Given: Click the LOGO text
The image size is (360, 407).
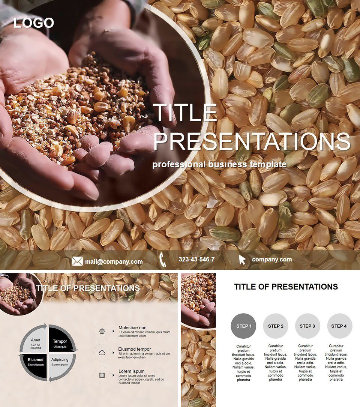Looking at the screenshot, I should pos(34,23).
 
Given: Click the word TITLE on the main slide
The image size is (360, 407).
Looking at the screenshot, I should pos(185,113).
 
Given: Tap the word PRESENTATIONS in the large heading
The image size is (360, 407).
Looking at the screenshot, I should pos(252,141).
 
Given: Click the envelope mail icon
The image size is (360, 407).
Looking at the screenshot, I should pos(77,261).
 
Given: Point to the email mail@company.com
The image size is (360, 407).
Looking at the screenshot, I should pos(114,261).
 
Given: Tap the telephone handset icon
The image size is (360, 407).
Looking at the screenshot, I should pos(163,259).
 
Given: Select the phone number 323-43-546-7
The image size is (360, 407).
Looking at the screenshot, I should pos(196,259).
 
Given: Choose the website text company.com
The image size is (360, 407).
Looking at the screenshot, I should pos(272,259).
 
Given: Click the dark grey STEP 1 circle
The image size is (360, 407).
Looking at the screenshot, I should pos(244,326).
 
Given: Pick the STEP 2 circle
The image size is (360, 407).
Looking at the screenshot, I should pos(276,326).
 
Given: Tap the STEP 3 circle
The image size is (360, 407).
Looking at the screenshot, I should pos(307,326).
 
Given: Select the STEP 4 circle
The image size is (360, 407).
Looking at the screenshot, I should pos(339,326).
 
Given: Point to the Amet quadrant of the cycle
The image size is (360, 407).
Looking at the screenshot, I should pos(36,342).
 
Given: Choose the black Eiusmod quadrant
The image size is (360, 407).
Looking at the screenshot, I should pos(35,362).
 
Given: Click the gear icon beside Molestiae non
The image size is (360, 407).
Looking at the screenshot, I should pos(102,331).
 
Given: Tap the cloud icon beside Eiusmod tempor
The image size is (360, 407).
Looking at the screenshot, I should pos(102,353).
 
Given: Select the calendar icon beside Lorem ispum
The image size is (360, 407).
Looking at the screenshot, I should pos(102,375).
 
